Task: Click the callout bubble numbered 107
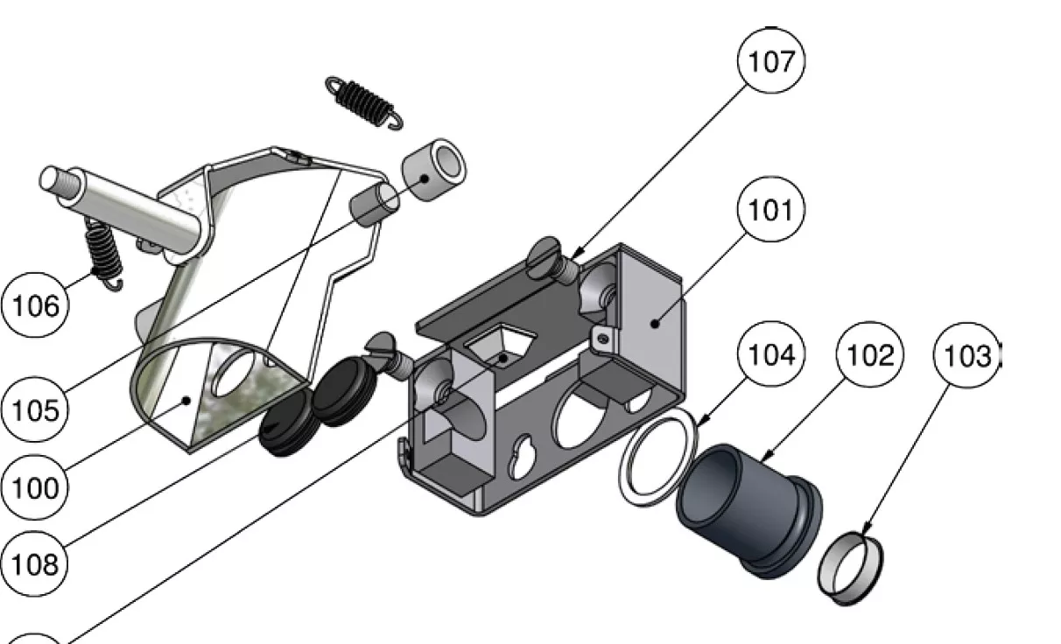(x=770, y=60)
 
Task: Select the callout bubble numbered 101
(x=770, y=209)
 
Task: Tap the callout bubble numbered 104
(x=771, y=354)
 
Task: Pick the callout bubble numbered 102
(x=869, y=354)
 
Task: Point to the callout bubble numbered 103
(x=966, y=355)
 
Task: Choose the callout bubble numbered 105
(x=35, y=409)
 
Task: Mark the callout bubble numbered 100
(x=35, y=487)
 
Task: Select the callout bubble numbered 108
(x=34, y=563)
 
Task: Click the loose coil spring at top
(x=364, y=102)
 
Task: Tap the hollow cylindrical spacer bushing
(x=434, y=170)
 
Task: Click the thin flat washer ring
(x=658, y=458)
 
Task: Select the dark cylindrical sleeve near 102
(x=748, y=510)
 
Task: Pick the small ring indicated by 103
(x=850, y=568)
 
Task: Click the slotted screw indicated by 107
(x=552, y=260)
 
